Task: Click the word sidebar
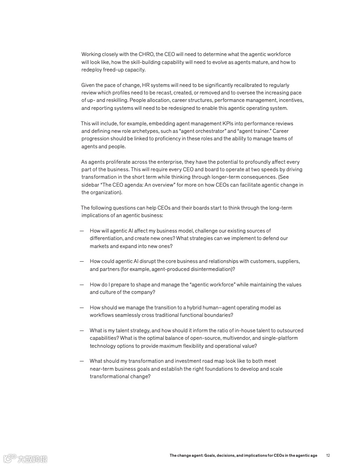[x=90, y=185]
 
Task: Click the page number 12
[x=328, y=455]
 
